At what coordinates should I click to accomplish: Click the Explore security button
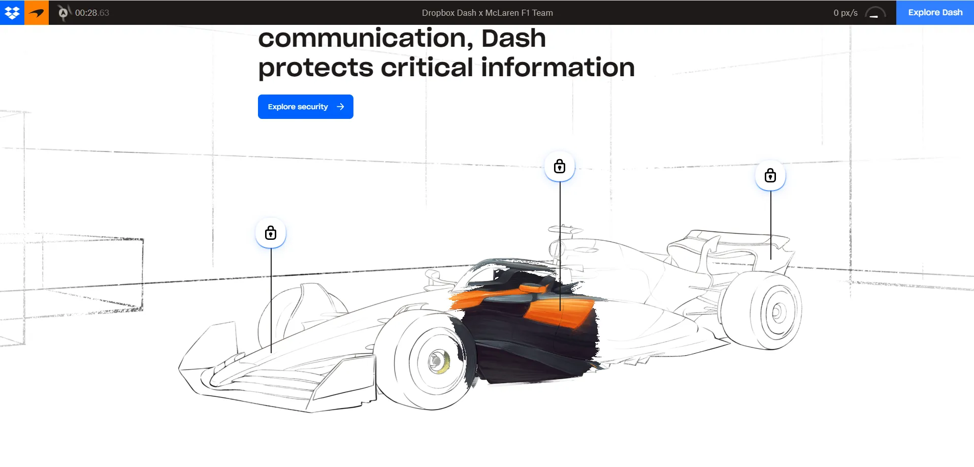pos(305,107)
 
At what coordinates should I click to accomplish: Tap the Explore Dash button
pos(935,13)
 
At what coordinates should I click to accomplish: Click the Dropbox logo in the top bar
pos(12,13)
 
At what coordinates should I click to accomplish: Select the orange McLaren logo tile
pos(37,13)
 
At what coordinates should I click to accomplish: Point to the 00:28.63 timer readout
pos(92,13)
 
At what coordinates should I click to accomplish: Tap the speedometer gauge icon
pos(875,13)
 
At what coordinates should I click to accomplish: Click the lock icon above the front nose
pos(271,233)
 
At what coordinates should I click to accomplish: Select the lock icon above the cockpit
pos(560,166)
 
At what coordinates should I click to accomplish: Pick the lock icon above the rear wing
pos(770,175)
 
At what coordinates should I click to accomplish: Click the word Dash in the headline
pos(513,38)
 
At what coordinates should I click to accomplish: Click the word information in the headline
pos(558,68)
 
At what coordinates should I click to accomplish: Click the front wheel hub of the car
pos(437,361)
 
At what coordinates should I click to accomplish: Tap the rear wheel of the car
pos(761,309)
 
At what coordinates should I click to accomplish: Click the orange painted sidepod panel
pos(559,312)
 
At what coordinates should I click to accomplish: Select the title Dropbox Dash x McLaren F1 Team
pos(488,13)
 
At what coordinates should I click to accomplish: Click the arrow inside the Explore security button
pos(340,107)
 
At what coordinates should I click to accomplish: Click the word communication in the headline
pos(366,38)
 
